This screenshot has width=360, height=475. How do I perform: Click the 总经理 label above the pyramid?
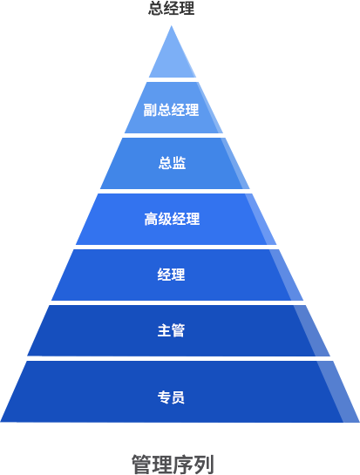[171, 8]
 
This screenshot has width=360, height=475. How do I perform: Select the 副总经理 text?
[171, 110]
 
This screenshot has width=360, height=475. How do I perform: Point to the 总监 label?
[172, 163]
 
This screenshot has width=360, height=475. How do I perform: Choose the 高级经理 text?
[172, 219]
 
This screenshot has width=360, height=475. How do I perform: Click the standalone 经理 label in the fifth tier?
[171, 275]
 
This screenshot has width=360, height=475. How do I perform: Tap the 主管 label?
[171, 330]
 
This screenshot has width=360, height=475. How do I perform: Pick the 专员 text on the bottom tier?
[171, 397]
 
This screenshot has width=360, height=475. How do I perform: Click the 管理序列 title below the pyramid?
[173, 464]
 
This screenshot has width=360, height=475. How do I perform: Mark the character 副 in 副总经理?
[150, 110]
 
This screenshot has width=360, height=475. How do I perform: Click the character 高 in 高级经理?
[151, 219]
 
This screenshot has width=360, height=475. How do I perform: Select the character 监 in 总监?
[179, 163]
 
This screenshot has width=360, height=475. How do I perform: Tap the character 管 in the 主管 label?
[178, 330]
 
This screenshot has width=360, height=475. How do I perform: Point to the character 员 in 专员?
[178, 397]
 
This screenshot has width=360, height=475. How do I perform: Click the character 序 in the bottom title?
[183, 464]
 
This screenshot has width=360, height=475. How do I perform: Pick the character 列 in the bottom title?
[204, 464]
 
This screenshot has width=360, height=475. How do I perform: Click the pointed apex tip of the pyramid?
[172, 26]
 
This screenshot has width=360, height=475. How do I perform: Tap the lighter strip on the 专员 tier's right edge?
[339, 391]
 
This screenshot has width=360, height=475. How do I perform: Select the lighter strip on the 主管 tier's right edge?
[312, 331]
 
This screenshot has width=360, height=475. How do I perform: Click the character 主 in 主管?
[164, 330]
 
